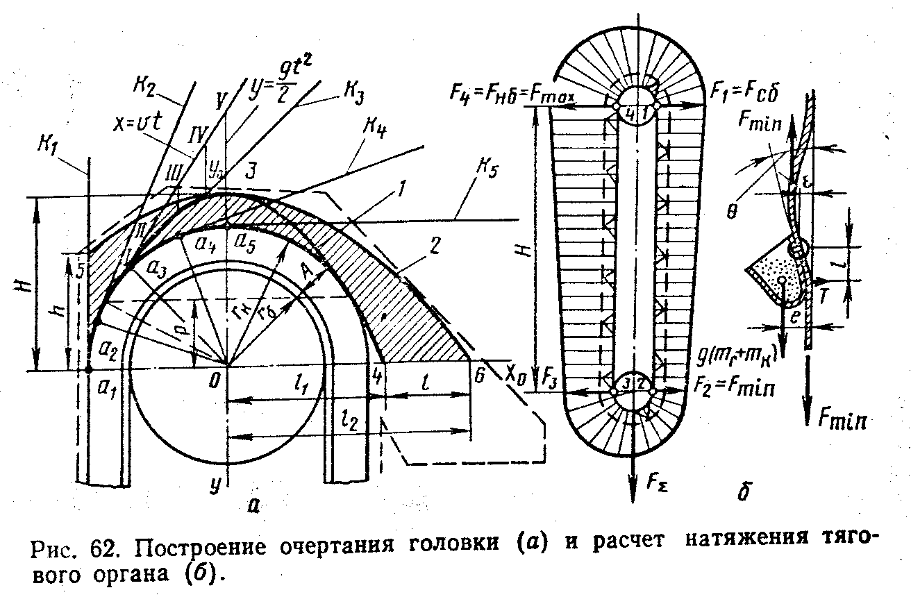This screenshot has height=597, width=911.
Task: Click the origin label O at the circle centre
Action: coord(216,380)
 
